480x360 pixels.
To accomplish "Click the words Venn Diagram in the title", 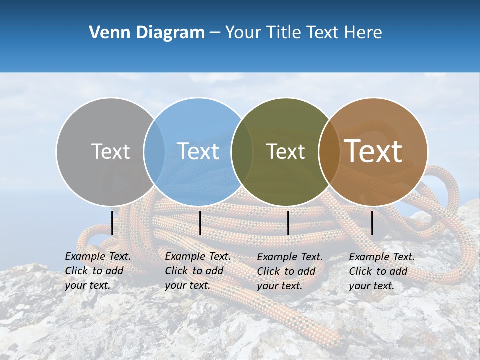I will tap(147, 33).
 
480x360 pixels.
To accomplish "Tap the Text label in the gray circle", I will tap(110, 151).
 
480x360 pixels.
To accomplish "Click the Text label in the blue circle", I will tap(198, 151).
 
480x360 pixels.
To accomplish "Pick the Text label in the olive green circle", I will tap(285, 151).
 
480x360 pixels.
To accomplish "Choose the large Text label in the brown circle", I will tap(373, 151).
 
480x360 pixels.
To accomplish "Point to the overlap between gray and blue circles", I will tap(154, 151).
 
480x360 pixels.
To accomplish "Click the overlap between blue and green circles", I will tap(242, 151).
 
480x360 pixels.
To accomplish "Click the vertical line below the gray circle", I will tap(112, 223).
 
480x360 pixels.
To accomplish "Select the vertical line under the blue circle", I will tap(200, 223).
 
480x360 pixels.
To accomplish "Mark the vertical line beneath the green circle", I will tap(288, 223).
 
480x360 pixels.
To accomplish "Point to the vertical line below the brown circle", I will tap(372, 223).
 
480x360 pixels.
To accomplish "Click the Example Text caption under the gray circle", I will tap(97, 271).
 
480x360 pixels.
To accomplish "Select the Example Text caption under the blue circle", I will tap(197, 271).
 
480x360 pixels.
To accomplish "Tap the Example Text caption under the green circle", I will tap(289, 271).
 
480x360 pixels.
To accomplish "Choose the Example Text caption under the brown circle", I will tap(381, 271).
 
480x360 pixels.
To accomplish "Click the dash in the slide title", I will tap(215, 33).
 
